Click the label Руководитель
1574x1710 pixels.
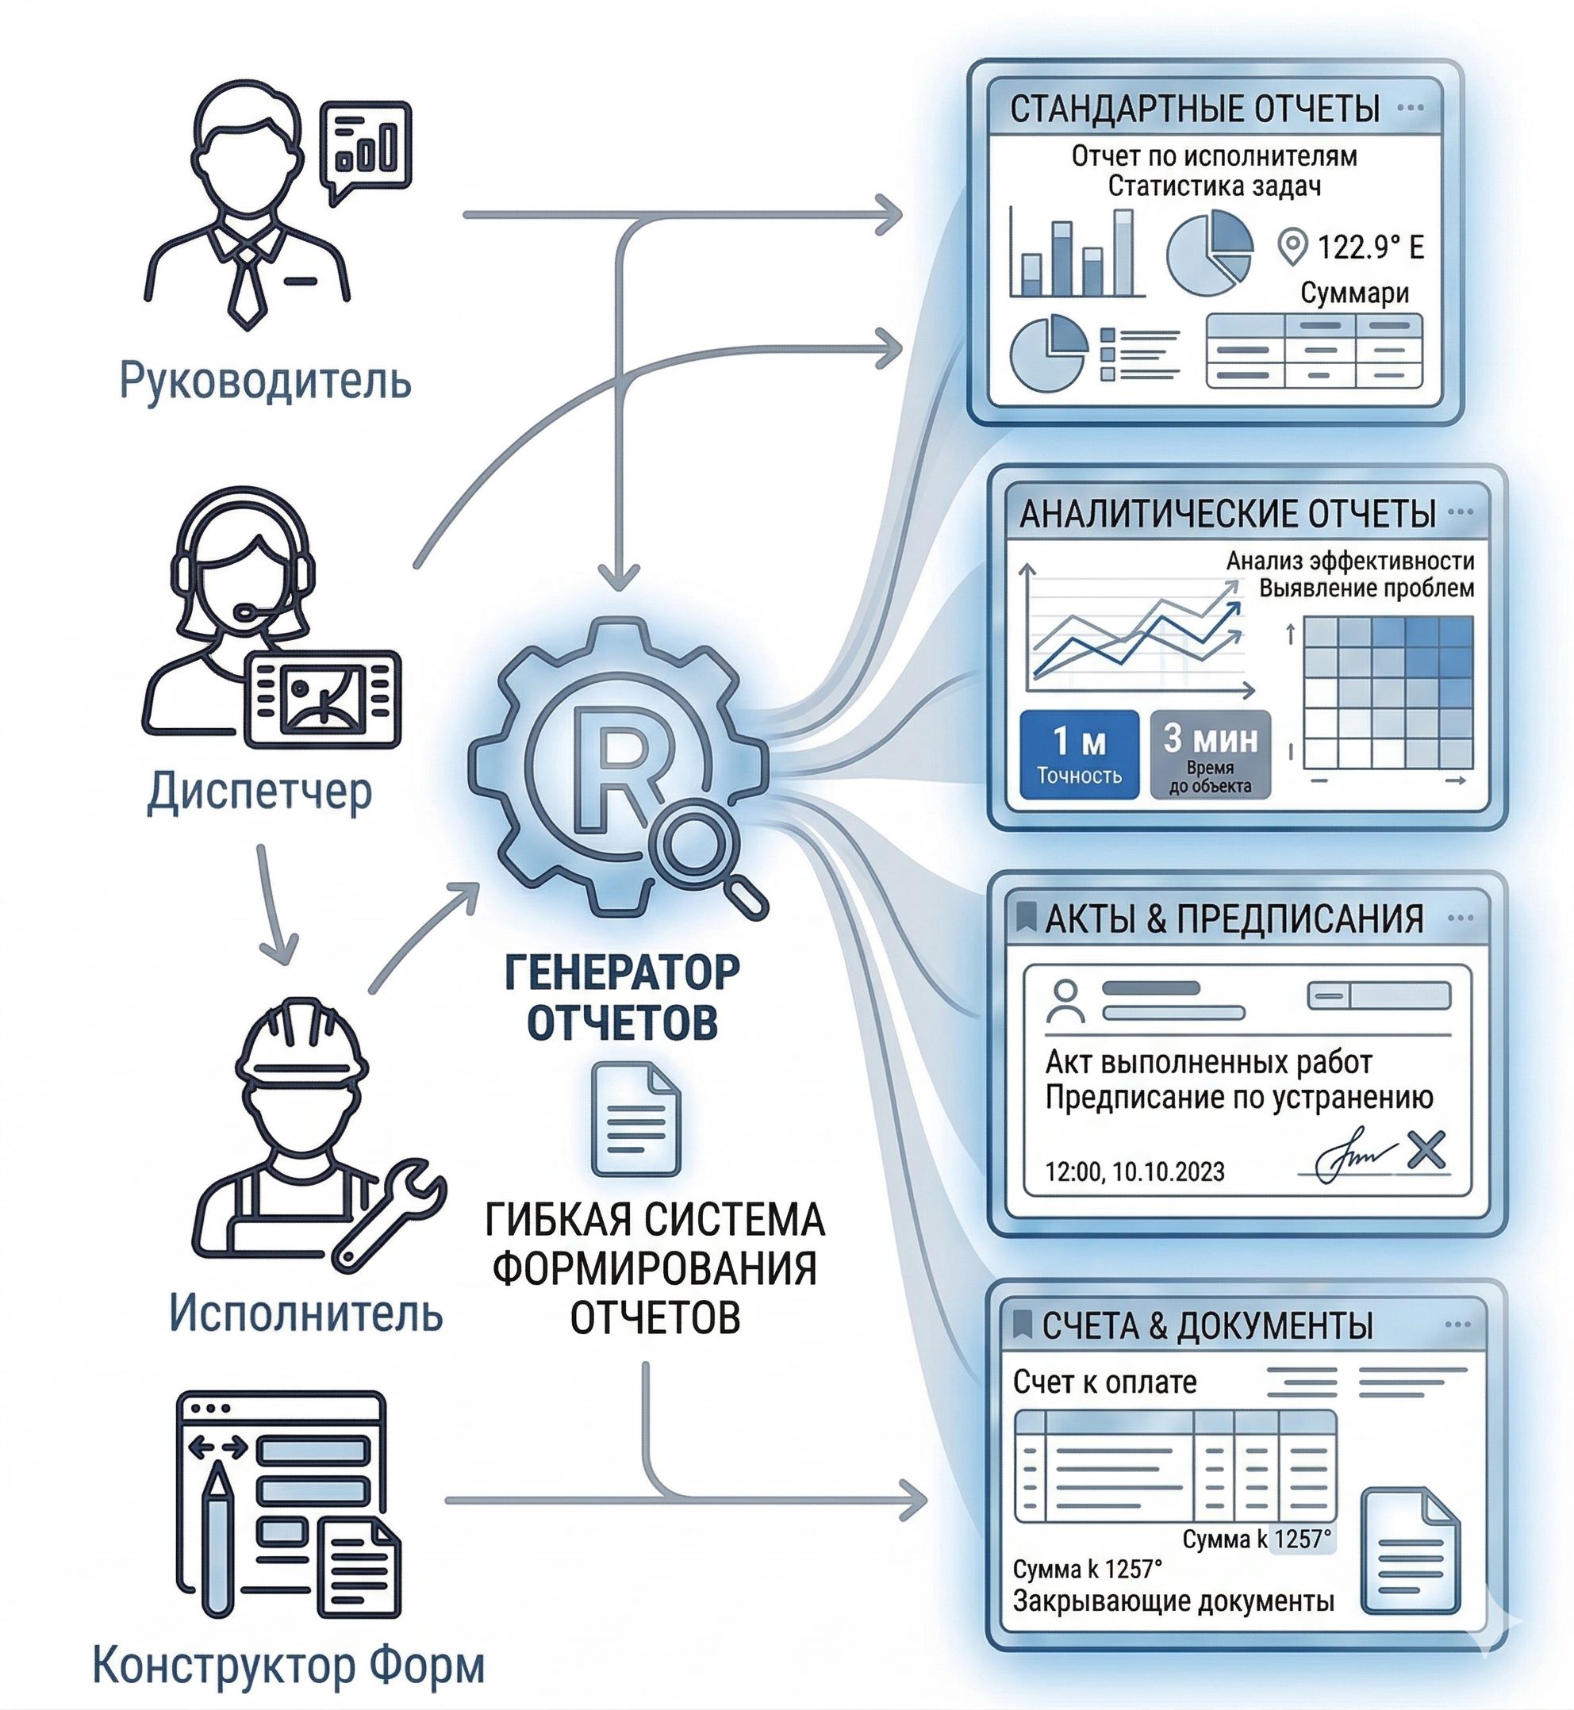coord(265,380)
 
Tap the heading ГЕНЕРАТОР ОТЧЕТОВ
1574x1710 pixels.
coord(622,996)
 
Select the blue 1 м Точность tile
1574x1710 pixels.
coord(1078,753)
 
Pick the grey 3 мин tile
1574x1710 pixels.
coord(1210,753)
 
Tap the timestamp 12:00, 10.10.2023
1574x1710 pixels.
coord(1134,1171)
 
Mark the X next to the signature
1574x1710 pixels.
coord(1426,1151)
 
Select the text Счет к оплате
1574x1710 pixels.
coord(1104,1382)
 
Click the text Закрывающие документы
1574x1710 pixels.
coord(1173,1601)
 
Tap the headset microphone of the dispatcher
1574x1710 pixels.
coord(248,612)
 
